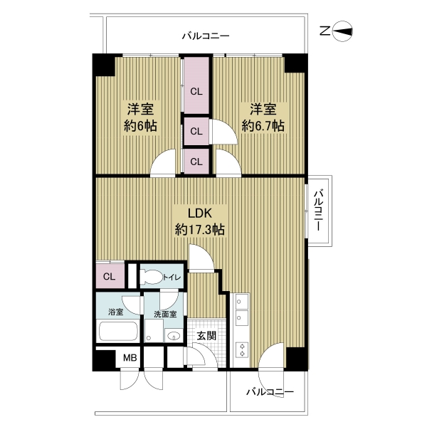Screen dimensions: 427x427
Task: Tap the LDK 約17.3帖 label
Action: (x=199, y=221)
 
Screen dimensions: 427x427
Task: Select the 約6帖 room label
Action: (x=140, y=117)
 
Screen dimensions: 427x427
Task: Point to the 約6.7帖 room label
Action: (x=263, y=117)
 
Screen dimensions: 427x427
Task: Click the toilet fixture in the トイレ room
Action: (x=151, y=277)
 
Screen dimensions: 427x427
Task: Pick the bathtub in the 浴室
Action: (x=118, y=331)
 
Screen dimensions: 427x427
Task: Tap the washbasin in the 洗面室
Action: (x=174, y=335)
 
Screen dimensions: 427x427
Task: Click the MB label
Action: (x=130, y=357)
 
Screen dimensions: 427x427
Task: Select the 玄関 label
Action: (x=206, y=335)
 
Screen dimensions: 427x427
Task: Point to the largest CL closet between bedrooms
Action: (x=196, y=85)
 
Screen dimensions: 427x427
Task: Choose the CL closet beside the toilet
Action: (x=110, y=275)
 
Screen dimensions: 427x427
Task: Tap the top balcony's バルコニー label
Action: (x=206, y=36)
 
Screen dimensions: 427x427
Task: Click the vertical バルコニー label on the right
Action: (x=319, y=211)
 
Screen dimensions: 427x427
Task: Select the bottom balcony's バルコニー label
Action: (x=270, y=392)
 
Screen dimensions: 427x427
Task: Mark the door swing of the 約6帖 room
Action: (x=163, y=163)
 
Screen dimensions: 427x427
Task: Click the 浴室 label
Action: (x=116, y=312)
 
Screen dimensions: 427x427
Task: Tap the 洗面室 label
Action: (x=165, y=315)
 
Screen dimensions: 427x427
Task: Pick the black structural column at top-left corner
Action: (x=103, y=65)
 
